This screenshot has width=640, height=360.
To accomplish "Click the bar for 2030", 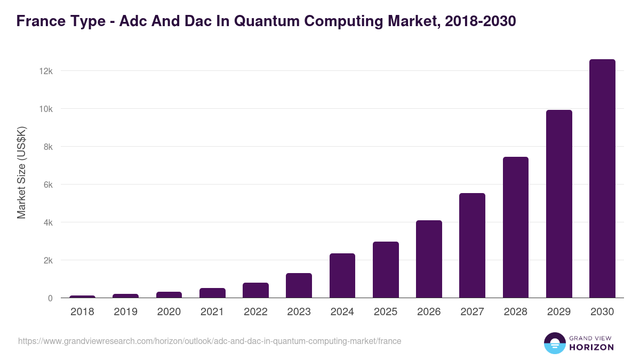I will [602, 179].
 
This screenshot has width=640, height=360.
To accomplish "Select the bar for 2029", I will [559, 204].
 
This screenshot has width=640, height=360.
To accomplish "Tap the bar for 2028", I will [515, 227].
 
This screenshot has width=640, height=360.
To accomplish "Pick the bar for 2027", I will [472, 245].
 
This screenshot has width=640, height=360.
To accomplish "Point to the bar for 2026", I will [429, 259].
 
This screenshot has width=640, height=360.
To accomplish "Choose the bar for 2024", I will [342, 276].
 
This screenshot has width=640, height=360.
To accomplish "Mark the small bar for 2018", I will [82, 297].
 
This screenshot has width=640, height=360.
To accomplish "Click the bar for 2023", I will [299, 285].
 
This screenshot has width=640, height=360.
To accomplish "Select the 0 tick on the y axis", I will [50, 298].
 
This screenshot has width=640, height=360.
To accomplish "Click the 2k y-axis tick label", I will [47, 260].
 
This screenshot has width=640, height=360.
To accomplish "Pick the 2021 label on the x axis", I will [212, 312].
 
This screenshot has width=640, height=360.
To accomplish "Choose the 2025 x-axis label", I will [386, 312].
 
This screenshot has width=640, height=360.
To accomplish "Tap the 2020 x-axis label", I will [169, 312].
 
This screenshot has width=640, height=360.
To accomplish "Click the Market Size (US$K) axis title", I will [22, 172].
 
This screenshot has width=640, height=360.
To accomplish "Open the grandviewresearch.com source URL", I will [210, 341].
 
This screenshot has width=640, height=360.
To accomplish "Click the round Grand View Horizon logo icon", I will [554, 343].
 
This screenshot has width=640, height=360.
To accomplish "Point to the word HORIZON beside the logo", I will [591, 347].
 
